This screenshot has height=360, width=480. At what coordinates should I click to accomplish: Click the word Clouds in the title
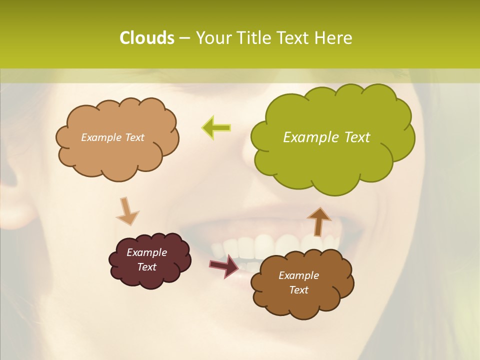point(146,38)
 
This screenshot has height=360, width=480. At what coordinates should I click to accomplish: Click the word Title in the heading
point(252,38)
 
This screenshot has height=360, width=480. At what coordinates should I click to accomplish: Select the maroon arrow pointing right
point(224,265)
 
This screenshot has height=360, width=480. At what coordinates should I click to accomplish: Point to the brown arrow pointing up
point(318,221)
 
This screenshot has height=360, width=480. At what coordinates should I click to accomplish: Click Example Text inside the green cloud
point(326,137)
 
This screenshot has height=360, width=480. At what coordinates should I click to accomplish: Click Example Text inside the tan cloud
point(112,137)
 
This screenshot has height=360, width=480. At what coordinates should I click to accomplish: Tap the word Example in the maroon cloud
point(146,252)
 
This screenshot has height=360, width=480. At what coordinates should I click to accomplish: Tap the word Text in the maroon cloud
point(146,267)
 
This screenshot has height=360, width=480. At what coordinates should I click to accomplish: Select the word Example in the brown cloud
point(298,275)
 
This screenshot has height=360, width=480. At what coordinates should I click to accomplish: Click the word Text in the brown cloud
point(298,290)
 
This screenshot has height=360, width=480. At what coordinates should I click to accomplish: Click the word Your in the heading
point(211,38)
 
